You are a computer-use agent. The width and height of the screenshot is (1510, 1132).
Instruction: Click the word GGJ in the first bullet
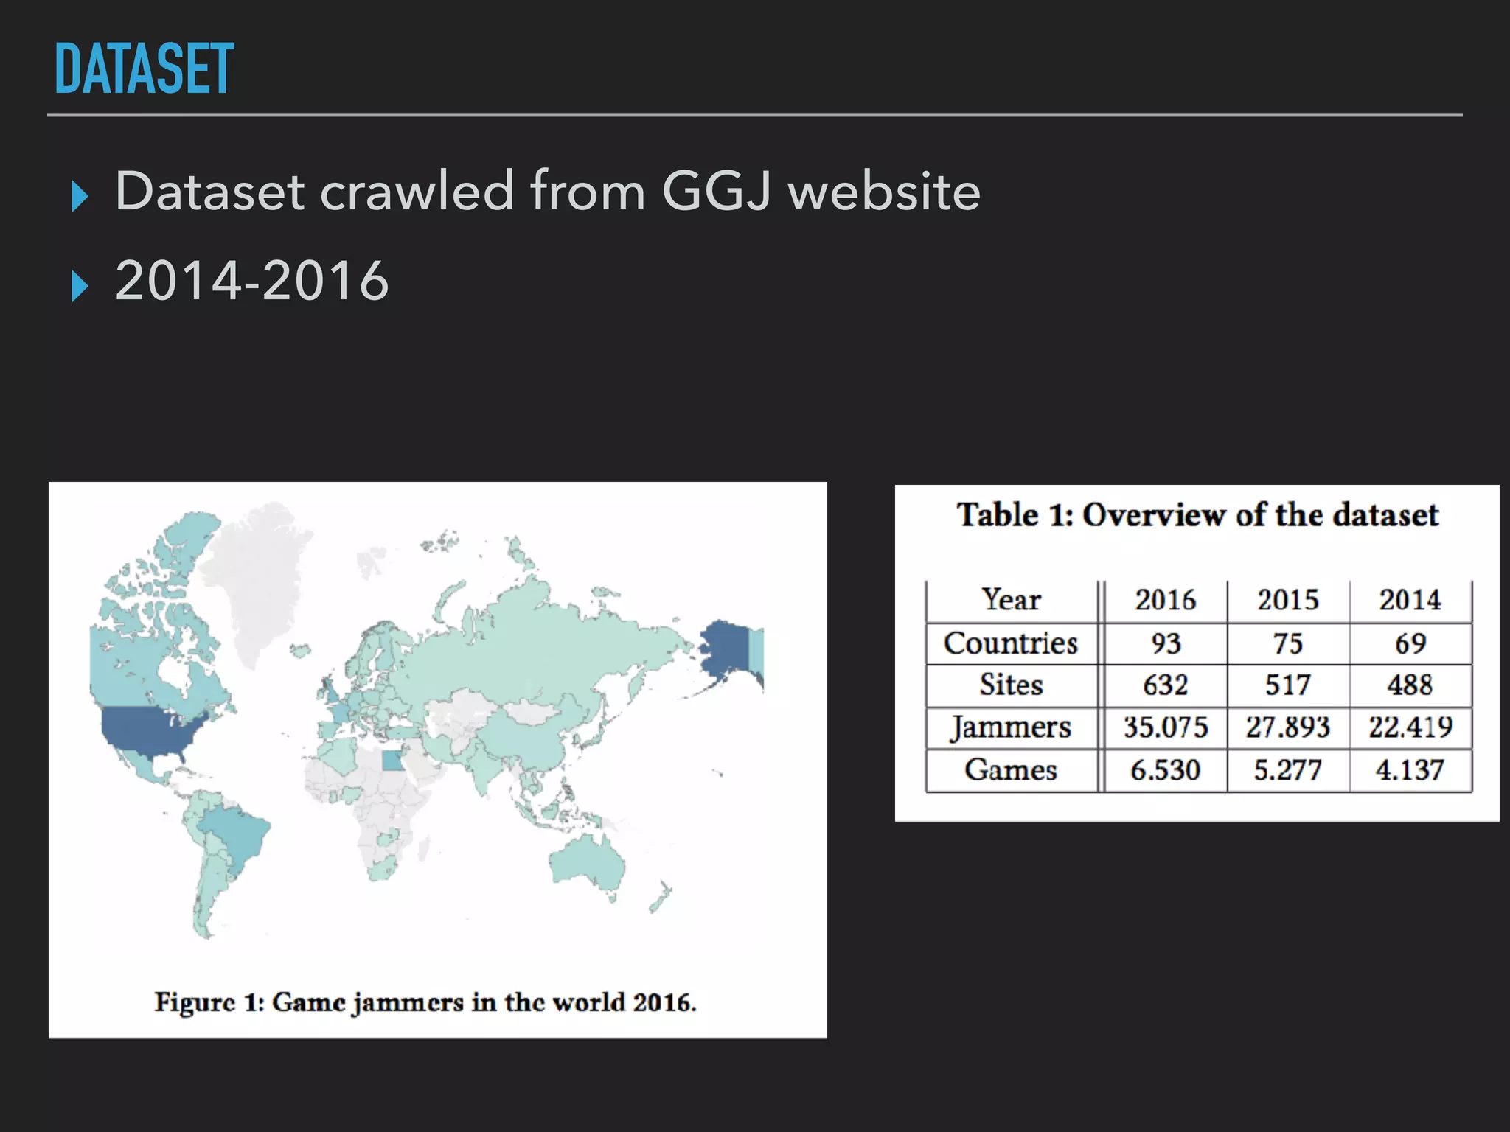[717, 192]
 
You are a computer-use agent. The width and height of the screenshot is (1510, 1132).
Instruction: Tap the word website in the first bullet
[884, 192]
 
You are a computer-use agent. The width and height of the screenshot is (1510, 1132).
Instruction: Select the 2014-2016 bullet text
[252, 281]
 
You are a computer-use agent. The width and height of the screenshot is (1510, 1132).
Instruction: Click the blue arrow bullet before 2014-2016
[80, 286]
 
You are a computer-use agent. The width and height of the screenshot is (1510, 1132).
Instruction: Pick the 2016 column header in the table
[1165, 600]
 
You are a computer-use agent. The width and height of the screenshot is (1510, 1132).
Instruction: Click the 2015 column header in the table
[1287, 600]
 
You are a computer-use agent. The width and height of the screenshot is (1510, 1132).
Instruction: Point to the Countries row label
[1011, 643]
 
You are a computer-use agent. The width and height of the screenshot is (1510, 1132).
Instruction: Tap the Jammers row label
[1011, 728]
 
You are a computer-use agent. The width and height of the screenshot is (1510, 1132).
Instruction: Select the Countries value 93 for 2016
[1166, 643]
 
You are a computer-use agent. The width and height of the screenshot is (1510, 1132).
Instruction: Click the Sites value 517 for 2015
[1287, 685]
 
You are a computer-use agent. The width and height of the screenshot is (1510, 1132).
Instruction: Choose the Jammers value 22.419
[1410, 728]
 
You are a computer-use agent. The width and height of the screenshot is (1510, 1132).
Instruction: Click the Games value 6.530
[1166, 770]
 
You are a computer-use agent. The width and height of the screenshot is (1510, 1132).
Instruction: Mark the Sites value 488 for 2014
[1410, 685]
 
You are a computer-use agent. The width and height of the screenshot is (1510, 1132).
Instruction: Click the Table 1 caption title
[1197, 515]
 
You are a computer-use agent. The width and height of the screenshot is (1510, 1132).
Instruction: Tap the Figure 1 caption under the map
[425, 1003]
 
